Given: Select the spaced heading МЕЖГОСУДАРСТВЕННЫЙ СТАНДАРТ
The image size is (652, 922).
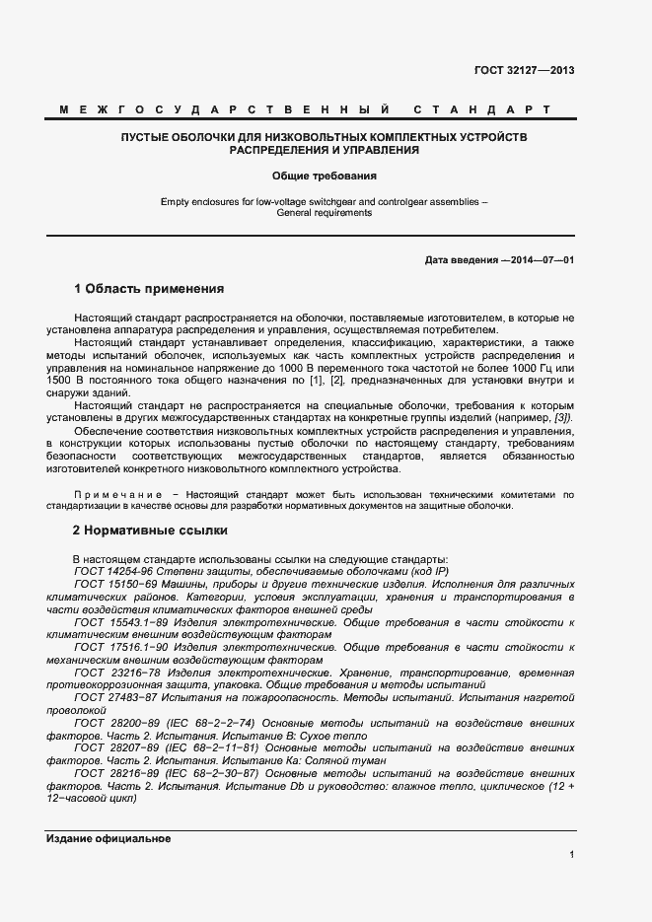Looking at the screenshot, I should (x=326, y=109).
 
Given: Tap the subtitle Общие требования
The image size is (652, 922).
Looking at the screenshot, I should (x=326, y=177).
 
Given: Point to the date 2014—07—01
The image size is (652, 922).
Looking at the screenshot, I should (x=540, y=259).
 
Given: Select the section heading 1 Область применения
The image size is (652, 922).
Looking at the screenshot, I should (x=149, y=290).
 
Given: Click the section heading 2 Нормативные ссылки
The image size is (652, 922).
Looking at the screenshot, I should (x=143, y=530).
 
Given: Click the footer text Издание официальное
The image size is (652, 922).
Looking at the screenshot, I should (x=109, y=838).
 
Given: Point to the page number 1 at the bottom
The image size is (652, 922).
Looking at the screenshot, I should (x=571, y=855).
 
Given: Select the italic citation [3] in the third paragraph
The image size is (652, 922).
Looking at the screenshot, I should (x=562, y=417).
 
